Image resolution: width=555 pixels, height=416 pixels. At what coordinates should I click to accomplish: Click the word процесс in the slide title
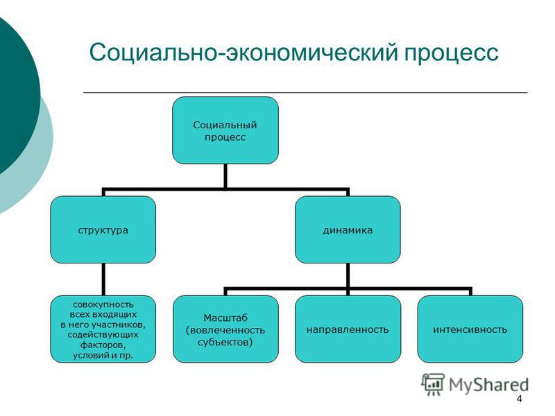[x=452, y=53]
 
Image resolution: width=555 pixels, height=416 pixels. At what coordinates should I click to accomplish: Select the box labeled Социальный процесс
[x=225, y=130]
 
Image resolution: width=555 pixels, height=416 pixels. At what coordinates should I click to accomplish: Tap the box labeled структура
[x=103, y=229]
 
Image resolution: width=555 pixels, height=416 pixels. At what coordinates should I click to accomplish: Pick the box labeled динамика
[x=348, y=229]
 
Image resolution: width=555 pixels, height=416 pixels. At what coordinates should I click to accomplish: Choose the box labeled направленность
[x=348, y=329]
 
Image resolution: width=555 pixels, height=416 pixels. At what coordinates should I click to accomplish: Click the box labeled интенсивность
[x=470, y=329]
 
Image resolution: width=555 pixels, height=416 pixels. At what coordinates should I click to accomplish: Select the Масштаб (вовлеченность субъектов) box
[x=225, y=329]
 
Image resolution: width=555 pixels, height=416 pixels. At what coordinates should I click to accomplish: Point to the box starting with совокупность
[x=103, y=329]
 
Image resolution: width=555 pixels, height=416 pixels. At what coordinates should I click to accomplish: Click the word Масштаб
[x=225, y=318]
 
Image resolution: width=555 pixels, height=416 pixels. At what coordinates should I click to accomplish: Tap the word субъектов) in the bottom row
[x=225, y=343]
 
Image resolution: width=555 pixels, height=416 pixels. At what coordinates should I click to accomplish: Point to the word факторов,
[x=103, y=345]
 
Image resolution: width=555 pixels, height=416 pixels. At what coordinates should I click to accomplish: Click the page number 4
[x=519, y=399]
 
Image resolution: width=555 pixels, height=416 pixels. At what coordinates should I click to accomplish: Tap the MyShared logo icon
[x=433, y=384]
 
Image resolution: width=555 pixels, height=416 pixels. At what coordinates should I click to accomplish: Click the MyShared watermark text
[x=488, y=385]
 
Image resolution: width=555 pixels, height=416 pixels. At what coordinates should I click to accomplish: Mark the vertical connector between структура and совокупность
[x=103, y=279]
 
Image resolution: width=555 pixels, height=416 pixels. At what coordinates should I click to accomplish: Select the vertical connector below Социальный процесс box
[x=225, y=176]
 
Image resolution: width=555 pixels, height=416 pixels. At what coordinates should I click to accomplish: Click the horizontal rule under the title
[x=305, y=92]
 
